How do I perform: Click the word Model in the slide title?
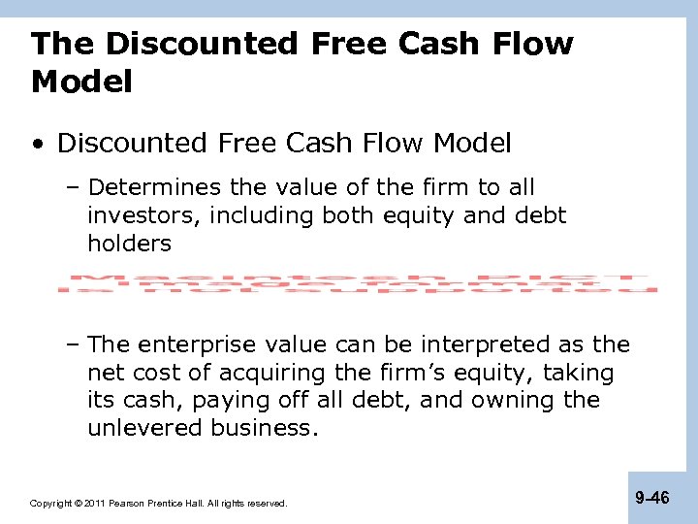[81, 82]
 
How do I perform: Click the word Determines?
[148, 187]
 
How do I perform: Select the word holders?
[129, 244]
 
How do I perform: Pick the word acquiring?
[266, 373]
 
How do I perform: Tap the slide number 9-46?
[651, 499]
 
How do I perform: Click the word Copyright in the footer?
[48, 504]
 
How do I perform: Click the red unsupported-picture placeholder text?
[357, 278]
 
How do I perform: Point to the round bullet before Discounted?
[37, 145]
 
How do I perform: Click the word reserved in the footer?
[267, 504]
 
